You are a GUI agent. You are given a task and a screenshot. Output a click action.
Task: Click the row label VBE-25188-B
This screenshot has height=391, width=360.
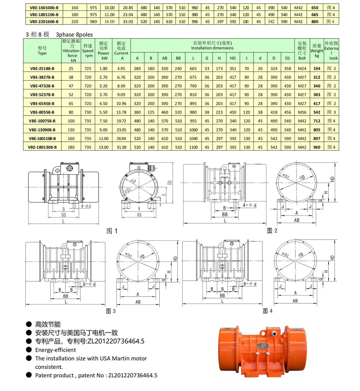42,68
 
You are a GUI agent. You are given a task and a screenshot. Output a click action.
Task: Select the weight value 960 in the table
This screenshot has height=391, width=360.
317,147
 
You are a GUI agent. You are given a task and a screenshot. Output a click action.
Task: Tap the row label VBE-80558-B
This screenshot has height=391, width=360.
42,112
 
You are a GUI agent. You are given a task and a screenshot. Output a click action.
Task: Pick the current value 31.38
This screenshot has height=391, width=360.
121,147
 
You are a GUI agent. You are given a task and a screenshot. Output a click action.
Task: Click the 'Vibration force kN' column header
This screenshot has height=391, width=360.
71,51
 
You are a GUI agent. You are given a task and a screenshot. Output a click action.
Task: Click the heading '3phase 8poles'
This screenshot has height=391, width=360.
74,35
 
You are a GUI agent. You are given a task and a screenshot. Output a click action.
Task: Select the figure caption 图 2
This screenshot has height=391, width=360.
272,231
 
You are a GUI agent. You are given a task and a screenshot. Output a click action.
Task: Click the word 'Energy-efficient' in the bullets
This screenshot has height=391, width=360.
55,349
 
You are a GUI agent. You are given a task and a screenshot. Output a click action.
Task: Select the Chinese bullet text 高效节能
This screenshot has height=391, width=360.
48,324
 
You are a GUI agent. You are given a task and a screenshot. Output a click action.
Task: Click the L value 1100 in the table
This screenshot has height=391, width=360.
193,147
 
